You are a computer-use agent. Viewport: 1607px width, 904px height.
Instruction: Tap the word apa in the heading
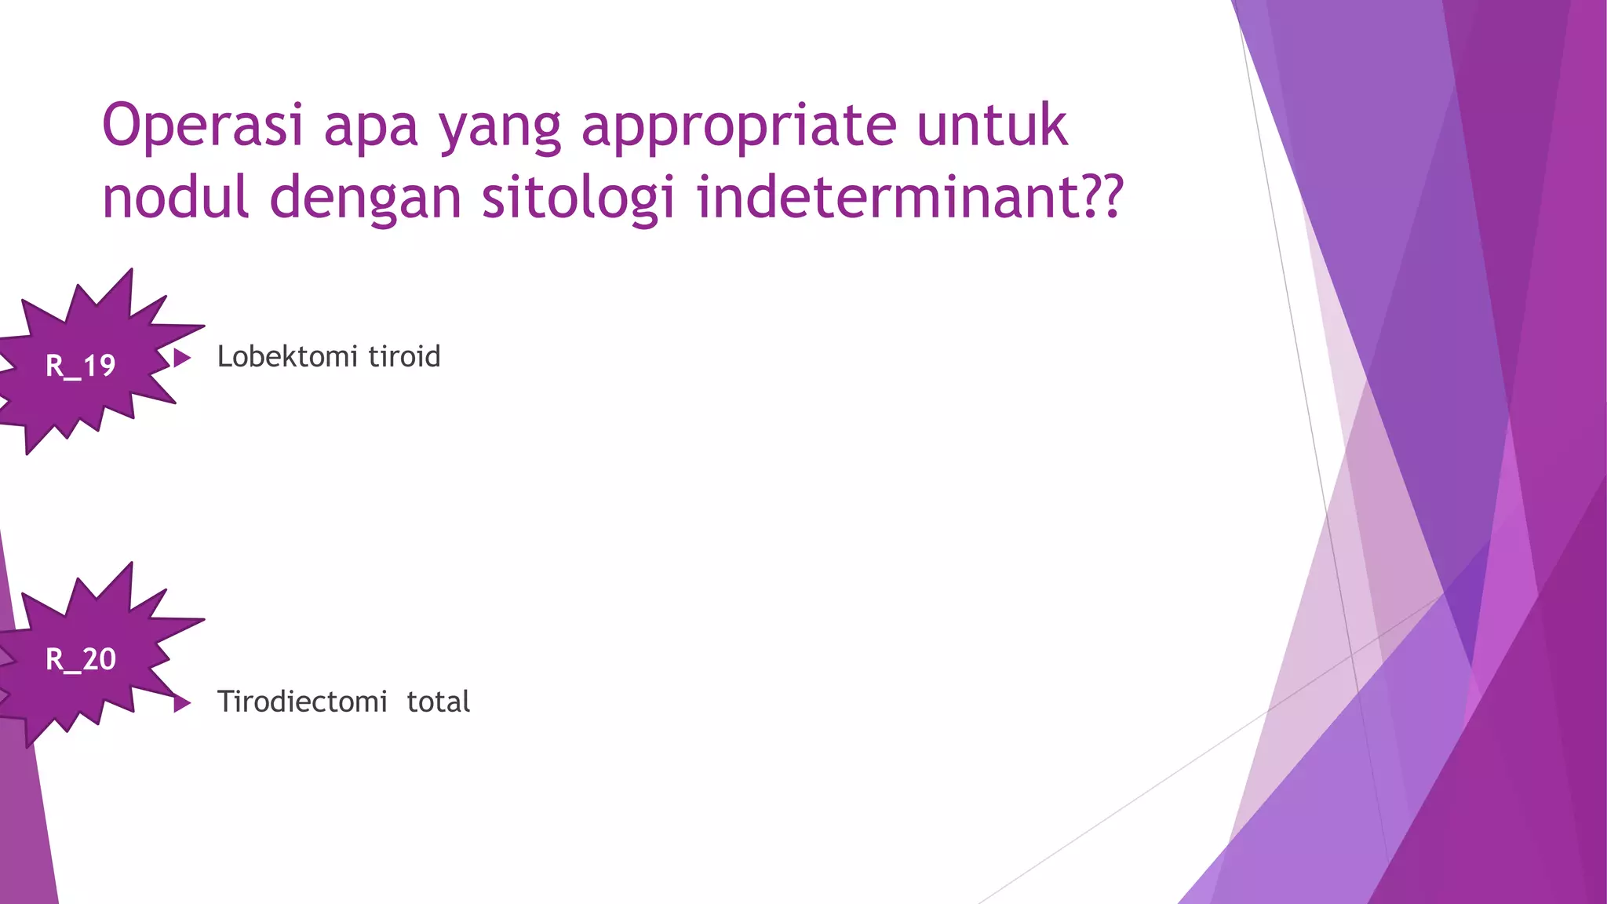(x=370, y=128)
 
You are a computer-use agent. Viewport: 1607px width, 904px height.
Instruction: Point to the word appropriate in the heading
(x=738, y=128)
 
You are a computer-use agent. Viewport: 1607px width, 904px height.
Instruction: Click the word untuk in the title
(x=992, y=126)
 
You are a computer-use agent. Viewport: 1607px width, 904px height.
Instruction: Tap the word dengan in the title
(x=366, y=199)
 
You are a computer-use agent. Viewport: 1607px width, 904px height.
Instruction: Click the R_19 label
(x=81, y=366)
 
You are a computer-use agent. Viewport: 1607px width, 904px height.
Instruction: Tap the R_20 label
(x=81, y=659)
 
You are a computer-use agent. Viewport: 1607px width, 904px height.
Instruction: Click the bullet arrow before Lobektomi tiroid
(x=182, y=358)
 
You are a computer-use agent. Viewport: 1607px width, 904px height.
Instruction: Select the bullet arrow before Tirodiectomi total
(x=182, y=703)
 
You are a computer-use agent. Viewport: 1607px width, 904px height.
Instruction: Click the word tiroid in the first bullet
(x=404, y=357)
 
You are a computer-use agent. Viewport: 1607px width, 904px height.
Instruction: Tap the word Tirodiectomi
(x=302, y=702)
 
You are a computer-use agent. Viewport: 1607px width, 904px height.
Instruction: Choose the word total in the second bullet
(x=438, y=702)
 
